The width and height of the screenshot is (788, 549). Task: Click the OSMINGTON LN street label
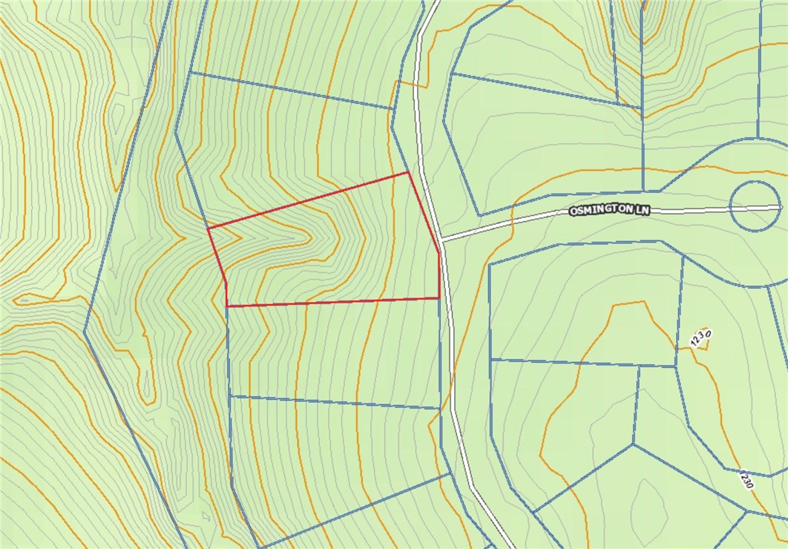[x=609, y=211]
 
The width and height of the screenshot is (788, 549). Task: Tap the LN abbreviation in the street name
[x=642, y=211]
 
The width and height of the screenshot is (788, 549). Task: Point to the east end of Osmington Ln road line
[x=778, y=207]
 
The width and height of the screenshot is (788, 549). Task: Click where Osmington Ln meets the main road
[x=442, y=240]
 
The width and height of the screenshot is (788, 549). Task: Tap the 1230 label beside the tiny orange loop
[x=700, y=338]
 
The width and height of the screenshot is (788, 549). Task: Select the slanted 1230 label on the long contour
[x=746, y=479]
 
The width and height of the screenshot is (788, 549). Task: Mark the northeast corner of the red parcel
[x=409, y=173]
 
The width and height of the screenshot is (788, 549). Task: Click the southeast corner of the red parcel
[x=439, y=297]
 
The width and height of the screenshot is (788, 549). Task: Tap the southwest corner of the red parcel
[x=226, y=306]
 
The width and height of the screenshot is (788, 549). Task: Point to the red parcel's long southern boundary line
[x=334, y=302]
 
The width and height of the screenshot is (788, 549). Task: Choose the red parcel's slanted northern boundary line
[x=308, y=200]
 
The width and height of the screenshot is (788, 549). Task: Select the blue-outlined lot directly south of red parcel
[x=334, y=352]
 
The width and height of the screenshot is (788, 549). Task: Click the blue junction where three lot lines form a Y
[x=633, y=444]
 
